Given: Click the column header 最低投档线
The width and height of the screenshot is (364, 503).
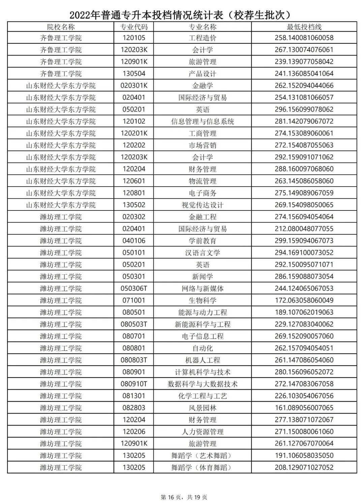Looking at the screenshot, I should [304, 27].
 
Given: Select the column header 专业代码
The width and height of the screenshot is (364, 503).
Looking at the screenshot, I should [134, 27].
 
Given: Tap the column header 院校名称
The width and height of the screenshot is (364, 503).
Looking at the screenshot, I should [61, 27].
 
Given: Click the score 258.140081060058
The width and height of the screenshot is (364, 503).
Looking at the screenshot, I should [304, 38].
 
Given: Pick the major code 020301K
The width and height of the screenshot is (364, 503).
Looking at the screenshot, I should [134, 86].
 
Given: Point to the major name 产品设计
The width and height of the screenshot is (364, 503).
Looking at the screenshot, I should [202, 74].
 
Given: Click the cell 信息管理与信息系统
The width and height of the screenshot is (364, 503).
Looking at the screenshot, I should [202, 122].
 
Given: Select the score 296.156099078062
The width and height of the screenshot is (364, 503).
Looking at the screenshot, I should [304, 109].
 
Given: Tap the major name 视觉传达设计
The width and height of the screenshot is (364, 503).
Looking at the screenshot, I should [202, 205].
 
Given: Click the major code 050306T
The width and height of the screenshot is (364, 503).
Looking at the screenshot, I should [134, 289].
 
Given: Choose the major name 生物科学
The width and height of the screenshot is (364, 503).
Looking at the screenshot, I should [202, 300].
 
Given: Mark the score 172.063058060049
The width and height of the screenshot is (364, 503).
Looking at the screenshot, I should [304, 300].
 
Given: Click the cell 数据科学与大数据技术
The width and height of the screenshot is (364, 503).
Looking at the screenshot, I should [202, 384].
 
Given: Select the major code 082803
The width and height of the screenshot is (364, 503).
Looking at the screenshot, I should [134, 408].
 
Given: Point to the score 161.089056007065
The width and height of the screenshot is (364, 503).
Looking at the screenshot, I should [304, 408].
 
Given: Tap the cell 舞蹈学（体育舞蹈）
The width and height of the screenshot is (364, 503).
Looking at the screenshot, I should [202, 468].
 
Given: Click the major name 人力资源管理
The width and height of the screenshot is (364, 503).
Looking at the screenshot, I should [202, 432].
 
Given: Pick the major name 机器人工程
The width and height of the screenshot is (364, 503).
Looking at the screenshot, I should [202, 360].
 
